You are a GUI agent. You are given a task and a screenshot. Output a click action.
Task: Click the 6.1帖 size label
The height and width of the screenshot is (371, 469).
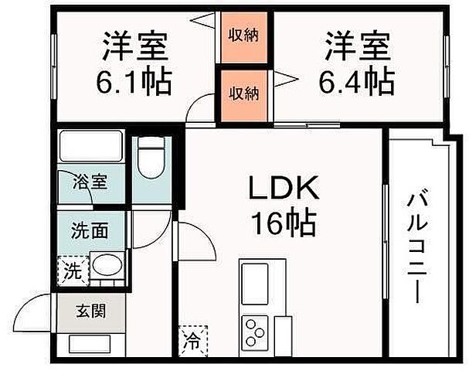coord(135,79)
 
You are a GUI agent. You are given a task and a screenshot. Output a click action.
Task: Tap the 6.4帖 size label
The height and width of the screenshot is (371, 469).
coord(358,79)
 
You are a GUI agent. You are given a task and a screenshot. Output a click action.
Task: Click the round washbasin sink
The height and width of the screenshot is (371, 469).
coord(107,267)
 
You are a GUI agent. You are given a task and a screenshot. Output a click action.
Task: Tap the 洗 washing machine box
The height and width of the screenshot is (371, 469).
coord(72,271)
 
